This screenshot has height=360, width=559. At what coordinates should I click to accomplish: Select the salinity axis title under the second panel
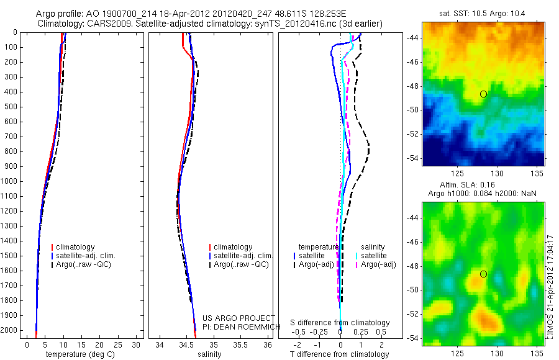(x=208, y=354)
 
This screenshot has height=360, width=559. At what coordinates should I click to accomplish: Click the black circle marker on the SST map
(x=483, y=94)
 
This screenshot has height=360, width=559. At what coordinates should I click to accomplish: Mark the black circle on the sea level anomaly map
(x=483, y=274)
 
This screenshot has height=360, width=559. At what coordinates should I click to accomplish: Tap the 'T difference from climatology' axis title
(x=340, y=354)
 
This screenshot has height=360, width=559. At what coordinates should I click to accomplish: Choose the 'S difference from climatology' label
(x=340, y=323)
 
